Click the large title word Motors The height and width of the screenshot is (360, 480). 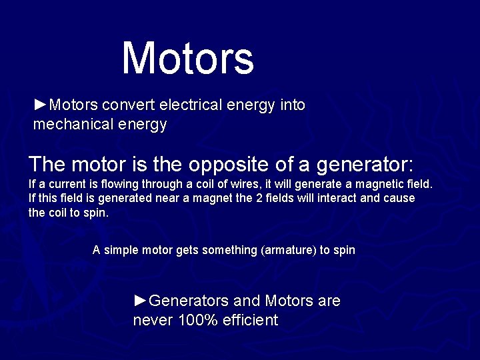tap(188, 58)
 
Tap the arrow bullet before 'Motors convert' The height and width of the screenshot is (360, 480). tap(40, 105)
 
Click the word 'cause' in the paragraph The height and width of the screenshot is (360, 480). tap(400, 198)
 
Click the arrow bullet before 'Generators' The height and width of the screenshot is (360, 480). tap(139, 301)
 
